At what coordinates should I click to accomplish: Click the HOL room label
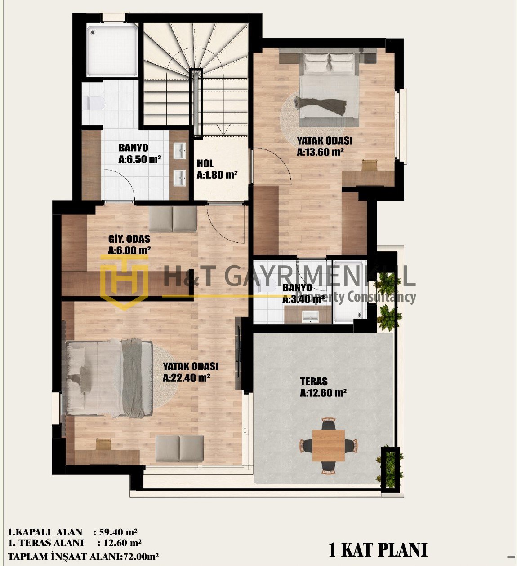[205, 164]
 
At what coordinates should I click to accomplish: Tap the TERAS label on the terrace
[314, 382]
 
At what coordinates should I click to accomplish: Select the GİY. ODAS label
[129, 239]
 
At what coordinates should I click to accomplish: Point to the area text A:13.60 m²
[320, 152]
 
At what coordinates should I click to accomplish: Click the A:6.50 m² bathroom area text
[140, 159]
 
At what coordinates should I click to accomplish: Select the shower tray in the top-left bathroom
[112, 51]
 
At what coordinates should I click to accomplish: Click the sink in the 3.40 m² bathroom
[310, 316]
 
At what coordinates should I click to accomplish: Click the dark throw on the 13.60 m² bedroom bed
[321, 105]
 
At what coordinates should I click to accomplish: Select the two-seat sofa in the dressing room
[173, 219]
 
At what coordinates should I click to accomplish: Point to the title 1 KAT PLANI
[378, 550]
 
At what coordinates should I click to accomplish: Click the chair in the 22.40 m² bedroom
[103, 443]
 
